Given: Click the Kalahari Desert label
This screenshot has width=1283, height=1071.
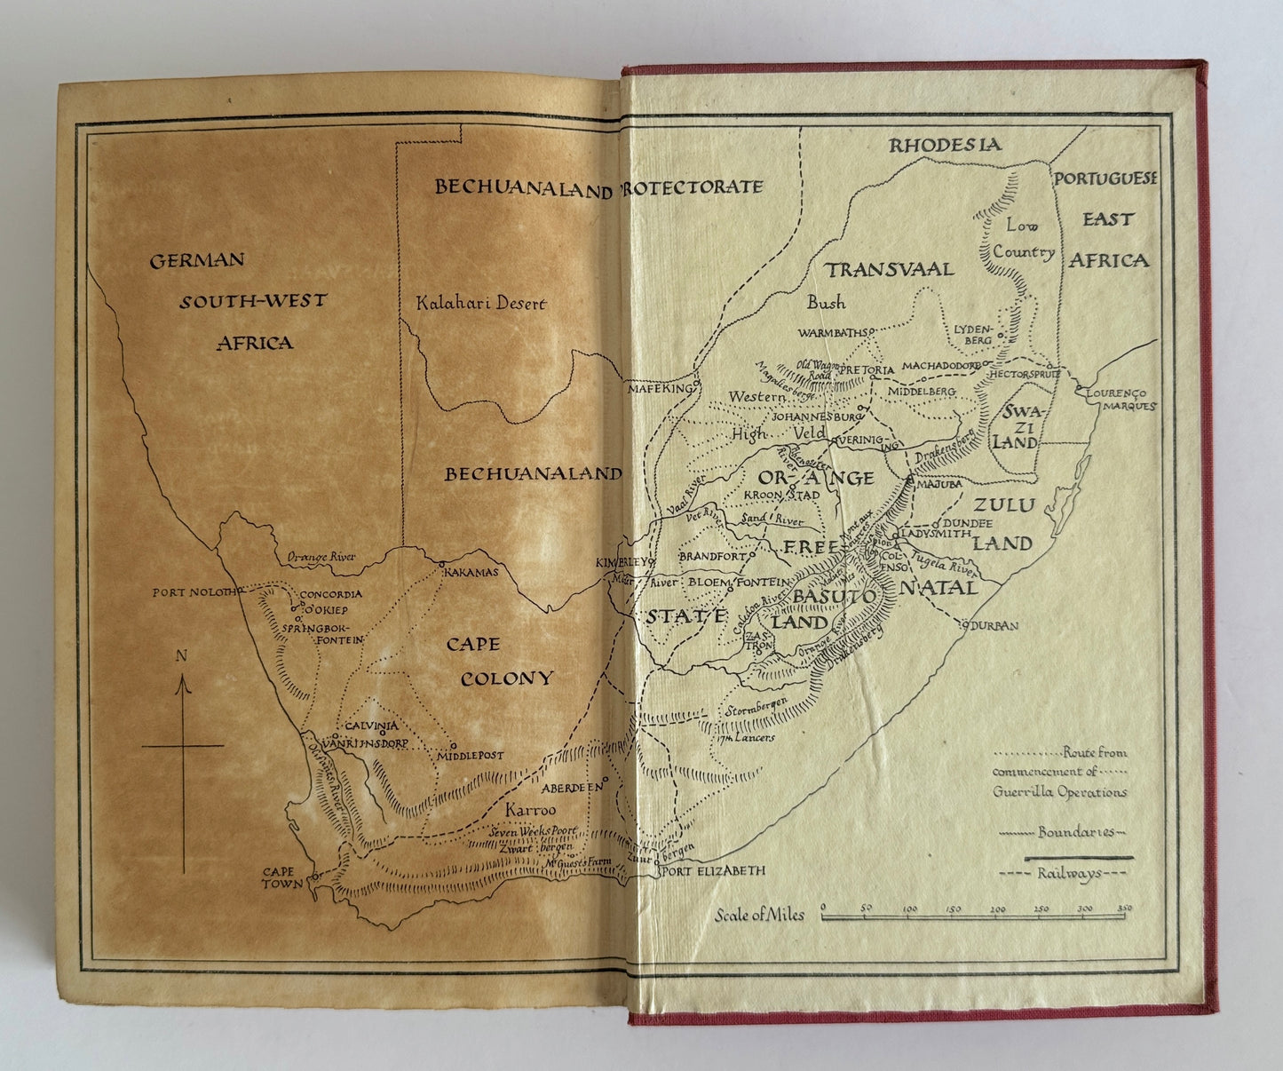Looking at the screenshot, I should (481, 304).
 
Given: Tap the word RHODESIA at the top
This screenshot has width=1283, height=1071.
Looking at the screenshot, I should (946, 145).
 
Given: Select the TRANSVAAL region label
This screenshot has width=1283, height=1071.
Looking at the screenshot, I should (889, 269).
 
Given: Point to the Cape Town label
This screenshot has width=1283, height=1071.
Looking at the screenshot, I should (282, 878).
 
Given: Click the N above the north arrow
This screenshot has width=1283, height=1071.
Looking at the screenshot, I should (181, 657).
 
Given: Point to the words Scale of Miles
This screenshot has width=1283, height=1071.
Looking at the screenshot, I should (759, 915).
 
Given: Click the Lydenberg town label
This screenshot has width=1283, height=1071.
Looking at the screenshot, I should (971, 333).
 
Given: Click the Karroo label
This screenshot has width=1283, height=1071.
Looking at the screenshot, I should (530, 811).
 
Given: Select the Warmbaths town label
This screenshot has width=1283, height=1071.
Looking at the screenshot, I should (831, 334).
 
